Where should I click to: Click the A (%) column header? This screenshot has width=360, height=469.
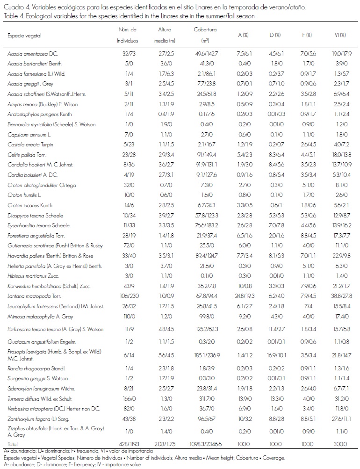[243, 35]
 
